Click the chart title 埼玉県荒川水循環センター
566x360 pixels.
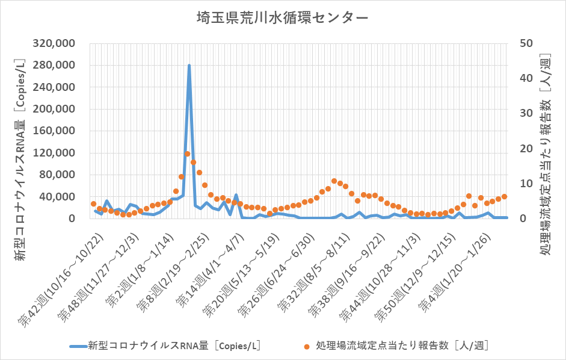tap(283, 18)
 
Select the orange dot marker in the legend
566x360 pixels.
tap(306, 346)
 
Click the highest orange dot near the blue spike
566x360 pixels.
tap(187, 154)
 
